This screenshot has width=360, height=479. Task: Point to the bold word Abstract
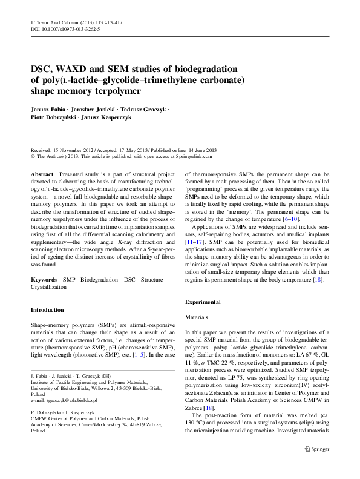[x=42, y=174]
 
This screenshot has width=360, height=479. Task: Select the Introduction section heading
[x=47, y=309]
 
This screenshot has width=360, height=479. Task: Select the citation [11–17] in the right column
[x=195, y=259]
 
